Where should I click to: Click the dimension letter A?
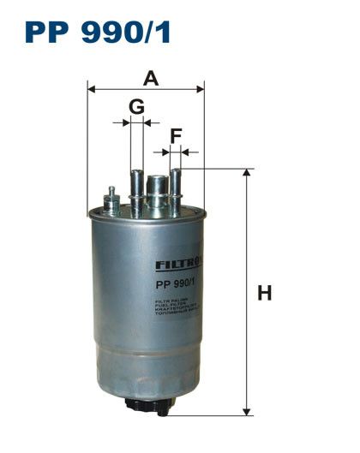click(151, 79)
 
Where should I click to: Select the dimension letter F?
click(176, 135)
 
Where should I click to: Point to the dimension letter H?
click(265, 293)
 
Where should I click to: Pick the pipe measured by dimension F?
click(176, 188)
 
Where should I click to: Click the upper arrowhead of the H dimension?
click(248, 173)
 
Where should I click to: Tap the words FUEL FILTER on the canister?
click(175, 307)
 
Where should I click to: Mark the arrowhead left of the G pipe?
click(126, 123)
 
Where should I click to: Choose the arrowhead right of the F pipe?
click(185, 152)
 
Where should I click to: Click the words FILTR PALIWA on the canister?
click(175, 301)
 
